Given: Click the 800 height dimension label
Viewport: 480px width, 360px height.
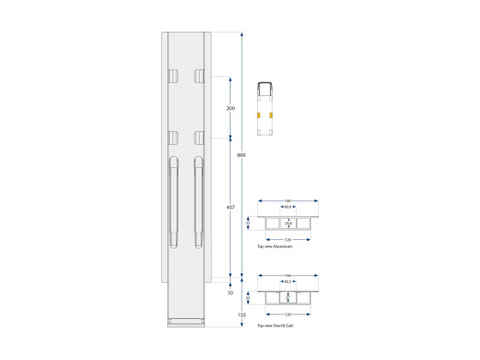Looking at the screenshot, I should tap(242, 155).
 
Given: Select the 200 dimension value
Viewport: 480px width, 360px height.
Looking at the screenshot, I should tap(230, 109).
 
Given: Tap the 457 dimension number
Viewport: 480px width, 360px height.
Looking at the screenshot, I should tap(230, 207).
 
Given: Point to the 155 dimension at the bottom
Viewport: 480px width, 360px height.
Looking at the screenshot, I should tap(242, 315).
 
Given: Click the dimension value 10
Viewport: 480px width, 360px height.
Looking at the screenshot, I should tap(230, 293).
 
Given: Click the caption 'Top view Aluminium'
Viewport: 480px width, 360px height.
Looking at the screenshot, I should tap(275, 247).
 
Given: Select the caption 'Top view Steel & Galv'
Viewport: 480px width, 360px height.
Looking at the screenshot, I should tap(278, 327).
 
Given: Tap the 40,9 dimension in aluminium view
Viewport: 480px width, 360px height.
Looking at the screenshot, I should tap(288, 207).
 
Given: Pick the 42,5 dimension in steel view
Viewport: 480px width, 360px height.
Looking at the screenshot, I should tap(288, 282).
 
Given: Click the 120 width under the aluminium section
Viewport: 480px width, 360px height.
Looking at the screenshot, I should tap(288, 239).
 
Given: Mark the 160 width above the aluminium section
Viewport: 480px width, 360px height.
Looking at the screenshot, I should tap(288, 201).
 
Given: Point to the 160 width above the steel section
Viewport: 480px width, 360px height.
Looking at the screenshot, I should tap(288, 275).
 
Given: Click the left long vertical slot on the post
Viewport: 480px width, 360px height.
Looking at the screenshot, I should tap(174, 202).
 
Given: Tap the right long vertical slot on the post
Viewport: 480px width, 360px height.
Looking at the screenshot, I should tap(199, 202).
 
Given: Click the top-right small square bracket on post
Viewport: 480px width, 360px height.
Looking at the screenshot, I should tap(199, 75).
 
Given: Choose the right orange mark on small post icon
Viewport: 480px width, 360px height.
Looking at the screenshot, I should tap(273, 113).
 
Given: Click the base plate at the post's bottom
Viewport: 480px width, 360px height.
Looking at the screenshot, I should tap(186, 322).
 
